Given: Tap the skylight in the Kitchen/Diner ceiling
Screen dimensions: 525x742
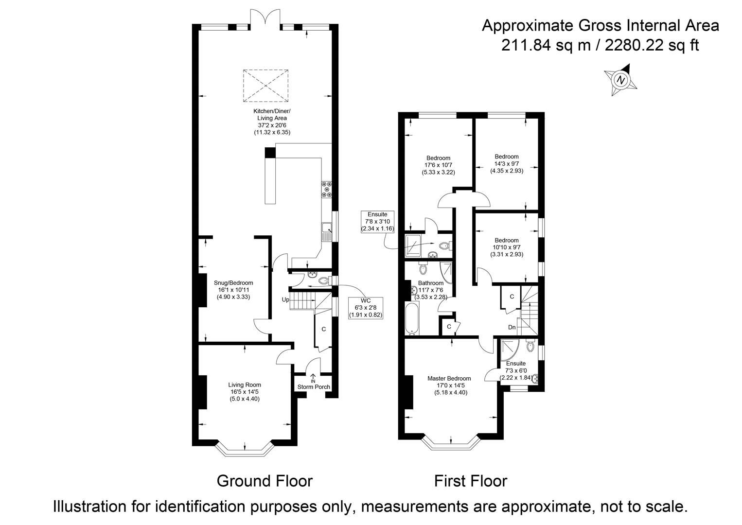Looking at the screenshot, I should tap(266, 86).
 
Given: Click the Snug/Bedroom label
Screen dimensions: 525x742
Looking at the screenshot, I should tap(233, 290).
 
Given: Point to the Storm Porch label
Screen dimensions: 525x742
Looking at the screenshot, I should tap(314, 387).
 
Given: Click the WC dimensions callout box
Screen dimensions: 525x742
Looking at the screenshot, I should tap(366, 308).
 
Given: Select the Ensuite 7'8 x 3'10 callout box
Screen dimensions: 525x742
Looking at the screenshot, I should tap(377, 221).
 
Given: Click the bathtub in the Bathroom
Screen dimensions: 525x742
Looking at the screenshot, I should tap(411, 318).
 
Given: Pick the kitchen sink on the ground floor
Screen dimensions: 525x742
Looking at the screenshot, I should tap(326, 232).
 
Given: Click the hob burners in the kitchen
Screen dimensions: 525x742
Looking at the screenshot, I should tap(326, 189).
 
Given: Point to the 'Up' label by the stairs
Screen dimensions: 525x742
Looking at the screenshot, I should tap(285, 300).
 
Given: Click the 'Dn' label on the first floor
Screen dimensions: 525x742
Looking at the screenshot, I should tap(512, 328).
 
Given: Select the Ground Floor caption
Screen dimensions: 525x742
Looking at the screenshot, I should tap(264, 481).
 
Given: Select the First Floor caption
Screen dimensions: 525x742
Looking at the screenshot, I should tap(470, 481).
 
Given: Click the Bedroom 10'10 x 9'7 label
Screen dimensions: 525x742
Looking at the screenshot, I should tap(507, 247).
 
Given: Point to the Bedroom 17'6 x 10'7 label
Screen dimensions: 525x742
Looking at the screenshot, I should tap(438, 165).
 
